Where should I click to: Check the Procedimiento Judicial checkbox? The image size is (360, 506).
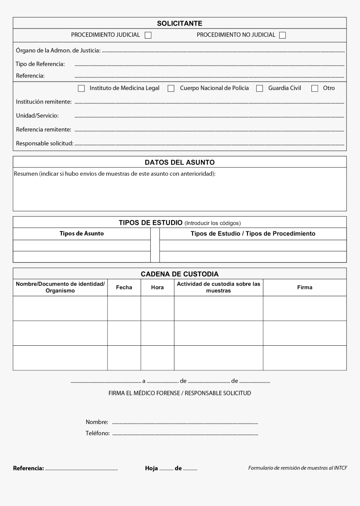(x=148, y=36)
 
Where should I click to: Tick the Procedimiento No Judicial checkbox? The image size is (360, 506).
(x=283, y=36)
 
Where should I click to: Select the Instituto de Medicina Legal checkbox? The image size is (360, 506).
(x=81, y=88)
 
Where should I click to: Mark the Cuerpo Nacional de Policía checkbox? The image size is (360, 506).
(x=171, y=88)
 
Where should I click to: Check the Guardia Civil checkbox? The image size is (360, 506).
(x=260, y=88)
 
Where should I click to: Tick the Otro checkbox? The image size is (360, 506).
(x=315, y=88)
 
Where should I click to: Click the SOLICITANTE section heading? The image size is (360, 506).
(x=180, y=23)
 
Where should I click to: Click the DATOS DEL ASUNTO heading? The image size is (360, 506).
(x=180, y=162)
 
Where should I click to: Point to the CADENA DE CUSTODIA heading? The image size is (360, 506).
(x=180, y=274)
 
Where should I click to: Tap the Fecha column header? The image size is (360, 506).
(x=124, y=288)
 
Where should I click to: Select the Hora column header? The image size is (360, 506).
(x=157, y=288)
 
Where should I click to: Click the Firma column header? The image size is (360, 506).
(x=305, y=288)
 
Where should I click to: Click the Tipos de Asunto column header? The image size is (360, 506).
(x=82, y=234)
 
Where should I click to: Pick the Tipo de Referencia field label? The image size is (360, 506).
(x=40, y=64)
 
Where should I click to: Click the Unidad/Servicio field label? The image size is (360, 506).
(x=37, y=116)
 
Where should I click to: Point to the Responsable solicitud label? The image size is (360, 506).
(x=44, y=144)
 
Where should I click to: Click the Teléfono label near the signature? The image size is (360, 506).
(x=98, y=434)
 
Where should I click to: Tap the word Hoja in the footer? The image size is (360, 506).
(x=152, y=468)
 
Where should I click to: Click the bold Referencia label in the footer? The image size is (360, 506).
(x=28, y=468)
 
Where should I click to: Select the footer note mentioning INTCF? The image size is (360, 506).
(x=298, y=468)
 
